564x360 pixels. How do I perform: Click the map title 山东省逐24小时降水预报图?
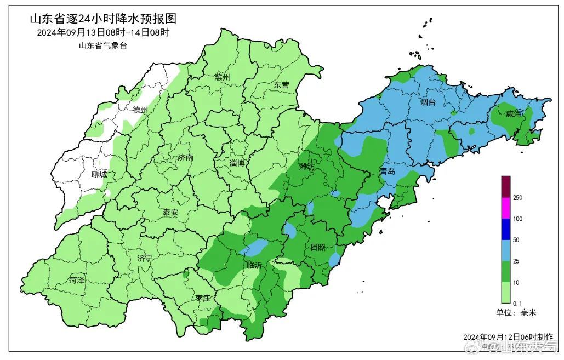[103, 19]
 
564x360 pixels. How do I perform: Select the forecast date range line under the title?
[103, 32]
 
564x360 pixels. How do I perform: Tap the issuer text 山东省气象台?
[103, 46]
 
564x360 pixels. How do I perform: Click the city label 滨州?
[224, 77]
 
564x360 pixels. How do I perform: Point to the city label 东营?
[281, 85]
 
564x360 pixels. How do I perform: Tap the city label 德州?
[140, 110]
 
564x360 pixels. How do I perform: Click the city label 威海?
[514, 114]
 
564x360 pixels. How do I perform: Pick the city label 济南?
[185, 157]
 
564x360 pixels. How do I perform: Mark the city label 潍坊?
[307, 167]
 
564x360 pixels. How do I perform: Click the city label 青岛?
[387, 172]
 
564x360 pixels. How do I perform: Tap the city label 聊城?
[100, 175]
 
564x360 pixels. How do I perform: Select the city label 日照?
[317, 247]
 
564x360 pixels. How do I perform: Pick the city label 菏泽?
[77, 280]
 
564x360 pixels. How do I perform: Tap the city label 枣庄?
[203, 298]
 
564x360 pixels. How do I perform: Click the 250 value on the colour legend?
[517, 198]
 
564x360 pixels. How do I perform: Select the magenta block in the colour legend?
[505, 208]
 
